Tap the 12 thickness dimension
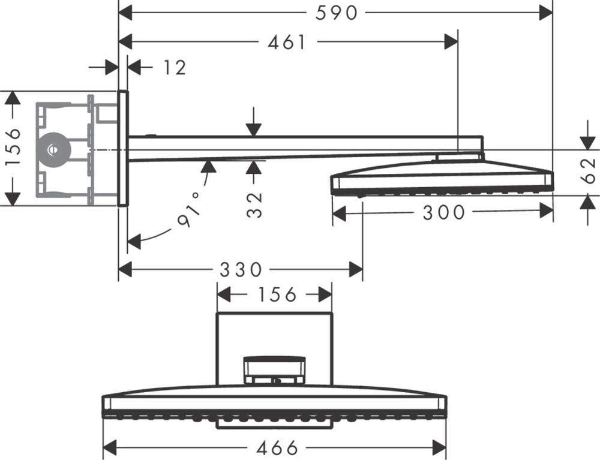(174, 67)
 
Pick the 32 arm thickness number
(255, 205)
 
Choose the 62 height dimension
(592, 171)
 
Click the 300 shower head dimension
(444, 212)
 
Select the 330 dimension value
(241, 270)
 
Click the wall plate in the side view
(123, 148)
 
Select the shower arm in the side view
(300, 147)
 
